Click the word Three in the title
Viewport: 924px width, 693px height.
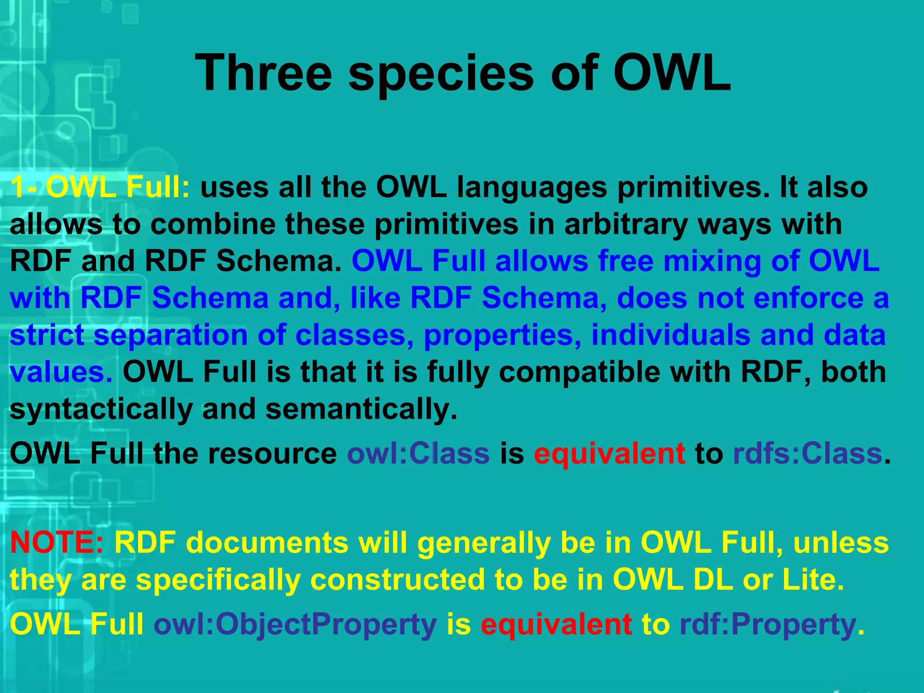264,73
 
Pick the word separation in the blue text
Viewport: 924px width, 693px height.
171,336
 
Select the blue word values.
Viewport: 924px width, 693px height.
61,372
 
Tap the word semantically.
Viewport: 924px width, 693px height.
361,409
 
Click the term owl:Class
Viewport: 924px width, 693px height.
418,453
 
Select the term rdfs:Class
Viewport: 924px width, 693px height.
808,453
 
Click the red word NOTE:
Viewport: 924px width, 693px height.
57,542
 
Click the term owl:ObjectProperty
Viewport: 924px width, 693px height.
296,625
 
